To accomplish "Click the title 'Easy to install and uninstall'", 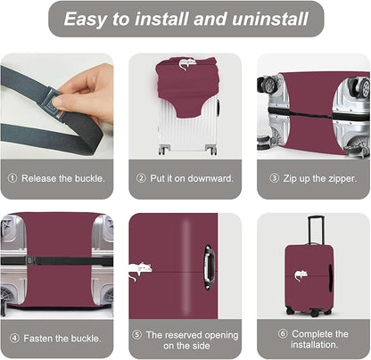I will click(x=185, y=18).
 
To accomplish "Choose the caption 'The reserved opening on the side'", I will click(x=191, y=339).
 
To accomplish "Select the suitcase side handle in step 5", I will click(x=209, y=266).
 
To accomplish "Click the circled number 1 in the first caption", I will click(x=12, y=177).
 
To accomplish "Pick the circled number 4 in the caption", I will click(x=13, y=339).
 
